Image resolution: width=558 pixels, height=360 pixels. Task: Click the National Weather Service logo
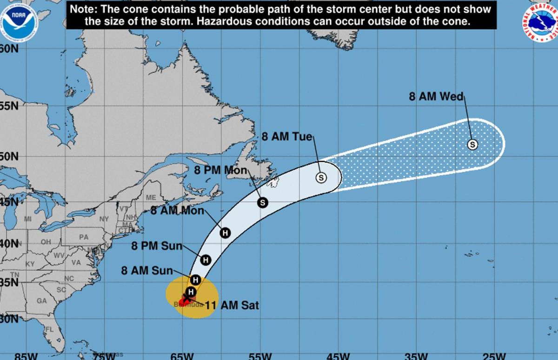point(540,22)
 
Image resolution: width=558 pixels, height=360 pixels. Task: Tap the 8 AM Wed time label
point(436,97)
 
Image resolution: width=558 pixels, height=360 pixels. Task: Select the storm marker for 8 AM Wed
point(472,145)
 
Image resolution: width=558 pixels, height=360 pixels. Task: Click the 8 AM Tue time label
point(287,136)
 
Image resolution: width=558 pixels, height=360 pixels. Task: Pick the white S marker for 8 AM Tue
point(321,177)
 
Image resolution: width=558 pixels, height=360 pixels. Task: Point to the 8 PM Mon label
point(221,170)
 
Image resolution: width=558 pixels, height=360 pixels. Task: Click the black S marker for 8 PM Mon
point(263,202)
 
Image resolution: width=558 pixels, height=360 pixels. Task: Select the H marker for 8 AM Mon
point(226,233)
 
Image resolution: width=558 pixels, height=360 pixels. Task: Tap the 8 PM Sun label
point(157,246)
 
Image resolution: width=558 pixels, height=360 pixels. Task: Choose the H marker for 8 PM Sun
point(206,260)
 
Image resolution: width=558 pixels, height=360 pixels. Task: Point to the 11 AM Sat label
point(232,306)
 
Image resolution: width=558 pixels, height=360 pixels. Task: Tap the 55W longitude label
point(260,356)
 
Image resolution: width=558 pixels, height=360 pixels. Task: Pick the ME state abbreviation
point(151,197)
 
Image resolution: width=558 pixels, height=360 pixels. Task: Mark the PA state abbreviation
point(83,237)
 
